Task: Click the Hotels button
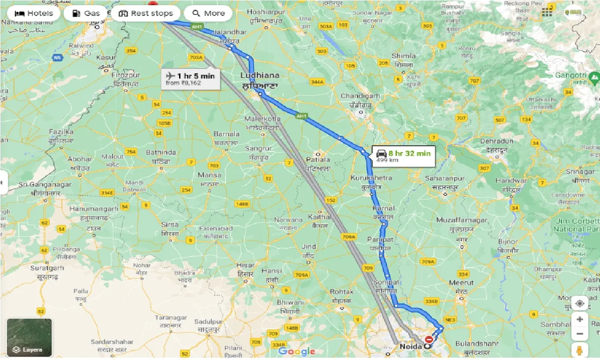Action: tap(33, 13)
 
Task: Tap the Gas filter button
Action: tap(85, 13)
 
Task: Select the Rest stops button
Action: tap(146, 13)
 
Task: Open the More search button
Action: tap(208, 13)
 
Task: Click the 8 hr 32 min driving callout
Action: tap(404, 156)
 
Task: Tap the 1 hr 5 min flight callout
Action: tap(190, 79)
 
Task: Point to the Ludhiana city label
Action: tap(260, 75)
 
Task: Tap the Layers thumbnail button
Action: tap(29, 337)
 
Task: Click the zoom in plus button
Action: tap(580, 319)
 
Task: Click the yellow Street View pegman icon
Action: tap(580, 350)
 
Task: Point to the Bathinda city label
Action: tap(161, 152)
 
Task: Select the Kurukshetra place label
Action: tap(371, 178)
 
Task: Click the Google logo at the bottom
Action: tap(296, 352)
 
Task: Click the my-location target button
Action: tap(580, 303)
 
